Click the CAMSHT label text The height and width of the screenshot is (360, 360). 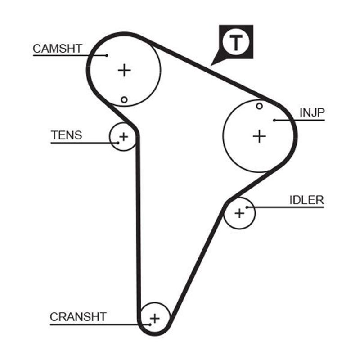[x=57, y=49]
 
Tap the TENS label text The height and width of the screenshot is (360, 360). [x=67, y=135]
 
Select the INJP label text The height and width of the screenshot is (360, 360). [x=312, y=112]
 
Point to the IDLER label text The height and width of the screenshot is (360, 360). [x=306, y=200]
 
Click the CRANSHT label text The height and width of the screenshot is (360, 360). [x=78, y=317]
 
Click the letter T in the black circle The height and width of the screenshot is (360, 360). [x=236, y=42]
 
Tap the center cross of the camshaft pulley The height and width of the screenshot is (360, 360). [x=124, y=70]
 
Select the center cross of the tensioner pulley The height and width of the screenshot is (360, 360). [x=123, y=136]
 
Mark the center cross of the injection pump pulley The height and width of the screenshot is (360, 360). [x=259, y=135]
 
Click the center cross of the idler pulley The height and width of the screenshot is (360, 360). [x=239, y=212]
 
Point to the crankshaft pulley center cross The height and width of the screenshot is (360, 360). [x=155, y=318]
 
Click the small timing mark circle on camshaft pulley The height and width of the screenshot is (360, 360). [x=124, y=99]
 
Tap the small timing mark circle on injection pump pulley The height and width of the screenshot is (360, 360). [x=259, y=106]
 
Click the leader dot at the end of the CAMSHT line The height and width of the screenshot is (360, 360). [x=107, y=55]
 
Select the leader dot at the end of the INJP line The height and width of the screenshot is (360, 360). [x=274, y=120]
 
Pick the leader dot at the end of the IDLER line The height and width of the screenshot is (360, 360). [x=247, y=207]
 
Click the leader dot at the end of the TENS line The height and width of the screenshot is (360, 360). [x=118, y=143]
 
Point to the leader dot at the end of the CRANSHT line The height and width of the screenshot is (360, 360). [x=149, y=324]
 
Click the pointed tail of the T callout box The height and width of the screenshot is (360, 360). [x=213, y=64]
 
